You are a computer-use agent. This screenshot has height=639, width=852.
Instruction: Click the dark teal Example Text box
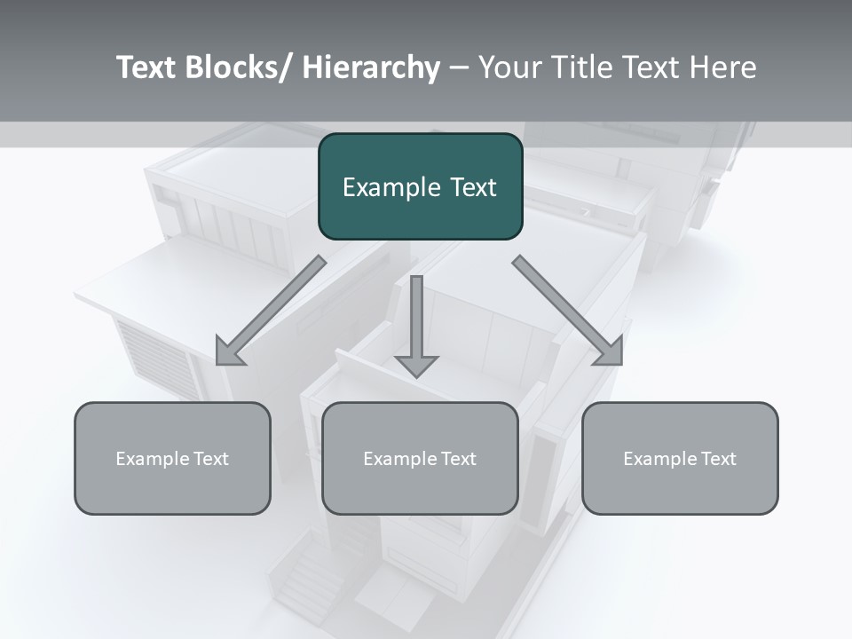[x=420, y=186]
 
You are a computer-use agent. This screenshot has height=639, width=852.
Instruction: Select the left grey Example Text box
[x=172, y=458]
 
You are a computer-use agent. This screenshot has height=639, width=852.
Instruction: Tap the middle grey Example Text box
[x=420, y=458]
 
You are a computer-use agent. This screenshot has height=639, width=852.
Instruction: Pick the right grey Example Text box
[x=680, y=458]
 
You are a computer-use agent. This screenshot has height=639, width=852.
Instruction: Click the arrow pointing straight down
[x=416, y=328]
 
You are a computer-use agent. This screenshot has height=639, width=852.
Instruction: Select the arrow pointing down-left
[x=271, y=311]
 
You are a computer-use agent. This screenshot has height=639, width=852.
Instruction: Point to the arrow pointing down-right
[x=568, y=311]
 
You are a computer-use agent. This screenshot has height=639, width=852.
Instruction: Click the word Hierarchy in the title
[x=371, y=67]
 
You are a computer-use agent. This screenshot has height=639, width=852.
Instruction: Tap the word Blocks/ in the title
[x=240, y=67]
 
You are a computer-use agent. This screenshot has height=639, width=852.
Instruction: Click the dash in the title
[x=459, y=68]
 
